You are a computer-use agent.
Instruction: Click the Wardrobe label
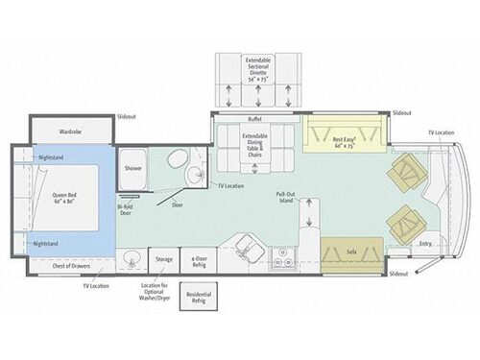(68, 131)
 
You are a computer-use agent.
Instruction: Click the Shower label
(132, 168)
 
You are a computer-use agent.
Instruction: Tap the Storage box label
(164, 259)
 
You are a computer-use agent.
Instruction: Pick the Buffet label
(254, 119)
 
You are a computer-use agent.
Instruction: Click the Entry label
(425, 244)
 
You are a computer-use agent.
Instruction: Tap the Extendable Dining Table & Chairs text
(253, 145)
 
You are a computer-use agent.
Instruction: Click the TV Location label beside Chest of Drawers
(96, 285)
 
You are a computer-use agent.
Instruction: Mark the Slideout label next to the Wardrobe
(126, 115)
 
